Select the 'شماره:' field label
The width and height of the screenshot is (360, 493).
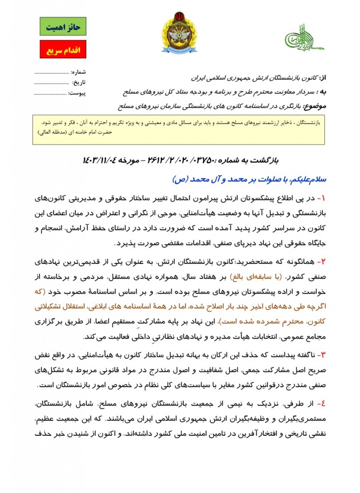(78, 72)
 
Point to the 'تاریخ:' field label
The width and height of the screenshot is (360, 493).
(79, 82)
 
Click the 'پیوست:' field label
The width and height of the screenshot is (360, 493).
(77, 93)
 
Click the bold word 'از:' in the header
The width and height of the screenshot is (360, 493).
(322, 78)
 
